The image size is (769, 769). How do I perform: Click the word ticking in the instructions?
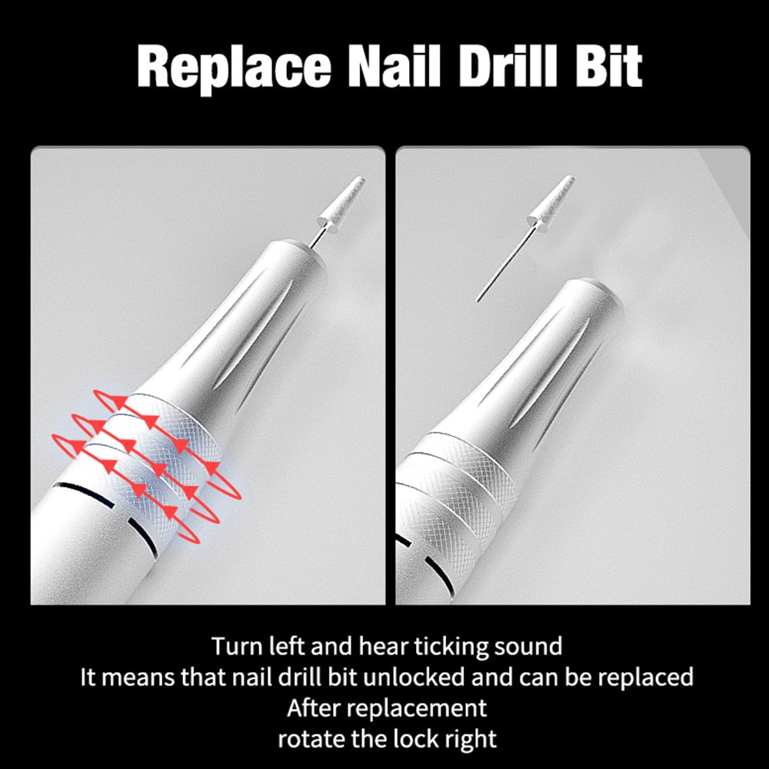[443, 646]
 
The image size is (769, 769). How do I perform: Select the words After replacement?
[387, 707]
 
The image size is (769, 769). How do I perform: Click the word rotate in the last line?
[310, 739]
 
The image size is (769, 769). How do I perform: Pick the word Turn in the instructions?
[234, 646]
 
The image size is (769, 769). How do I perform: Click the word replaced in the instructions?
[644, 677]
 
